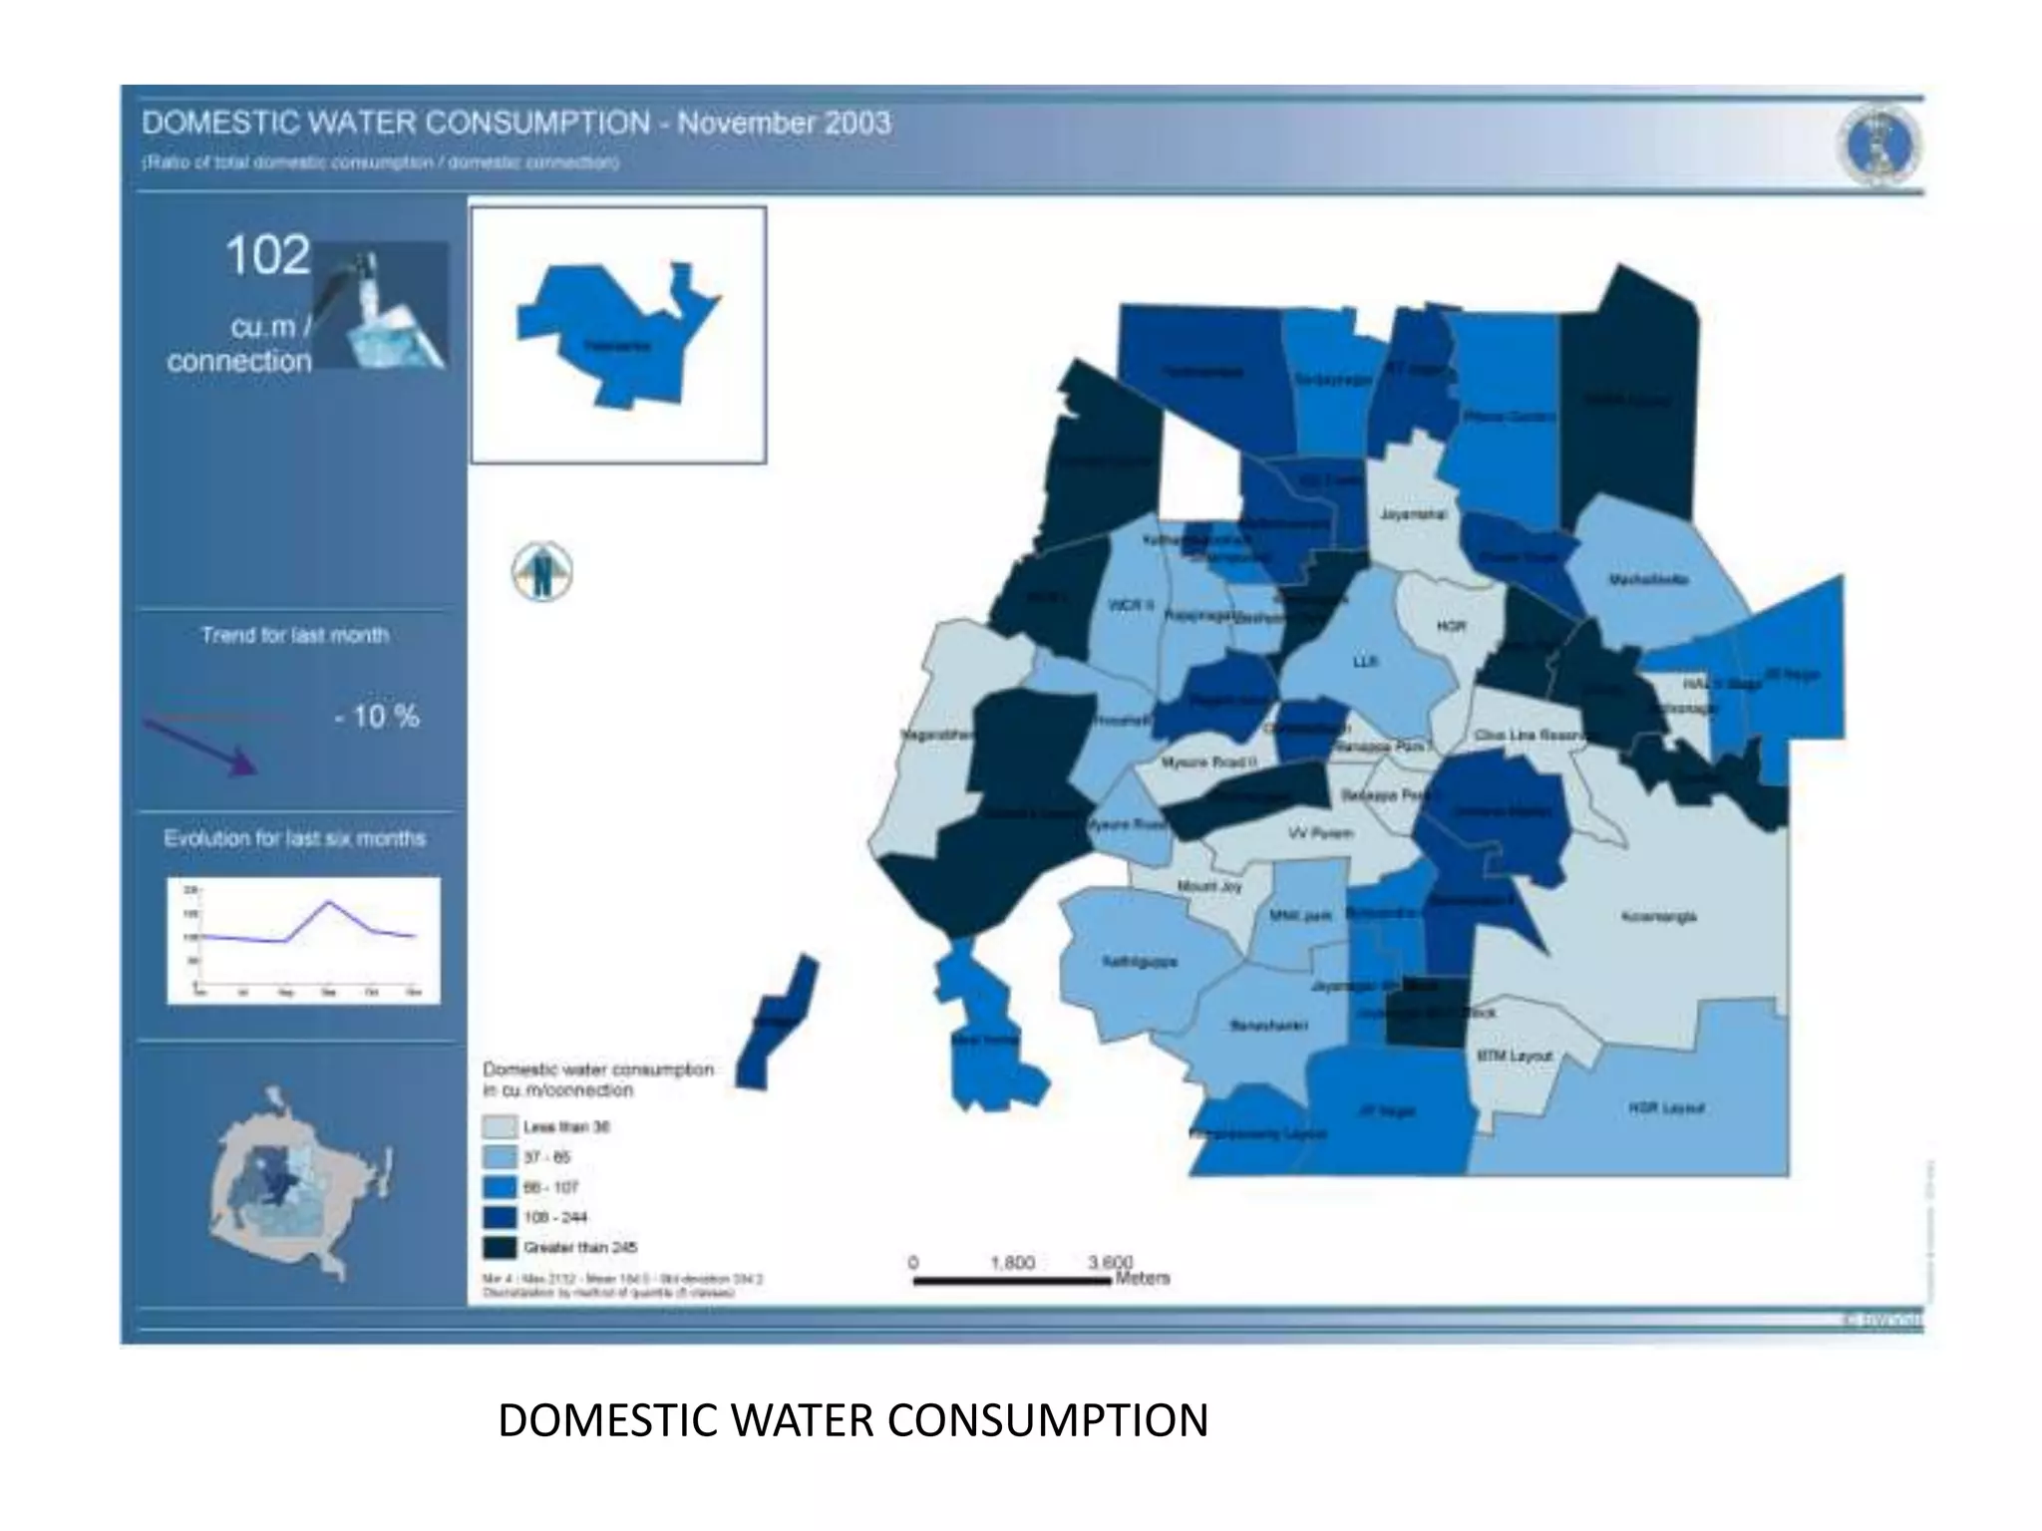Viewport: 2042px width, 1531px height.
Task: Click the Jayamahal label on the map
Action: coord(1413,515)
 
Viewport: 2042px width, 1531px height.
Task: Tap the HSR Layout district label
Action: coord(1667,1107)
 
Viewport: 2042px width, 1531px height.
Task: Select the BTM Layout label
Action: coord(1515,1056)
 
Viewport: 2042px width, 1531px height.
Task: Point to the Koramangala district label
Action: coord(1659,916)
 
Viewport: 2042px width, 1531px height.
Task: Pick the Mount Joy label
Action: coord(1210,886)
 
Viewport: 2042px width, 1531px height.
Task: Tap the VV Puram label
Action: coord(1320,833)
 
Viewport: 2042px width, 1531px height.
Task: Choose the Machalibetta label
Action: coord(1648,579)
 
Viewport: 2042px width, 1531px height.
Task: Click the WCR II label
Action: coord(1131,605)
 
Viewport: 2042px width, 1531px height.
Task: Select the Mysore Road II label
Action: coord(1209,763)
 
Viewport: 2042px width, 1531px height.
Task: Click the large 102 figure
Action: coord(267,256)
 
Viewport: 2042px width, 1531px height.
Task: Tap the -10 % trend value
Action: coord(376,716)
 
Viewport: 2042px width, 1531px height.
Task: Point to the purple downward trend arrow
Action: coord(201,746)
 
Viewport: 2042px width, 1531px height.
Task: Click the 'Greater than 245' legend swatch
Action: coord(500,1247)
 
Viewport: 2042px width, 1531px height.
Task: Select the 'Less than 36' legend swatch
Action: coord(500,1127)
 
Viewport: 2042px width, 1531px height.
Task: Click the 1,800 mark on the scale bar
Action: coord(1012,1263)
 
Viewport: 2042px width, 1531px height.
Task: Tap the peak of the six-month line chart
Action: coord(329,902)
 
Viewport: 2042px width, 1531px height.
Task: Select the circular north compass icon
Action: coord(542,571)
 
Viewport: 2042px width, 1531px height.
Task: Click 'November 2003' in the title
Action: coord(784,124)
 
